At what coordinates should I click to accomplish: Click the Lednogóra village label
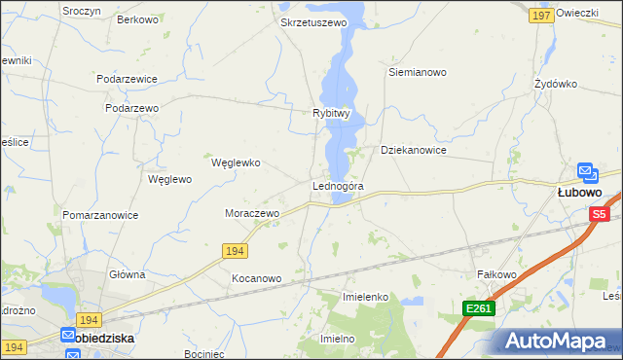(x=338, y=186)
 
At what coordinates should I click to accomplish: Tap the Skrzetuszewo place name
(x=312, y=21)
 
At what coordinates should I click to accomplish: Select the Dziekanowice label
(x=413, y=151)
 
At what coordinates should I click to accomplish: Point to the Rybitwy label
(x=331, y=113)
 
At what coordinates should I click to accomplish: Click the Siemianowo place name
(x=417, y=72)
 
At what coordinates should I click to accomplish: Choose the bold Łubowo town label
(x=583, y=193)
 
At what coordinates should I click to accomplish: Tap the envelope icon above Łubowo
(x=587, y=172)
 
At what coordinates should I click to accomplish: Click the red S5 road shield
(x=599, y=214)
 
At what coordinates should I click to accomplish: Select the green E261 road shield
(x=479, y=308)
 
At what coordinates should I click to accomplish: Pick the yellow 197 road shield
(x=542, y=16)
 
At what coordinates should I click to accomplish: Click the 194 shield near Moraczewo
(x=234, y=251)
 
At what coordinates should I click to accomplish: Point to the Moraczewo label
(x=252, y=213)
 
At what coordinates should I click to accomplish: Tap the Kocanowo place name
(x=256, y=278)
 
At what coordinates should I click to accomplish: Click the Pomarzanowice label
(x=99, y=215)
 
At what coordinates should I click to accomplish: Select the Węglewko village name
(x=236, y=162)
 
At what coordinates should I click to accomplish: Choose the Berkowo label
(x=137, y=19)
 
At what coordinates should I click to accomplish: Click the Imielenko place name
(x=366, y=296)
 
